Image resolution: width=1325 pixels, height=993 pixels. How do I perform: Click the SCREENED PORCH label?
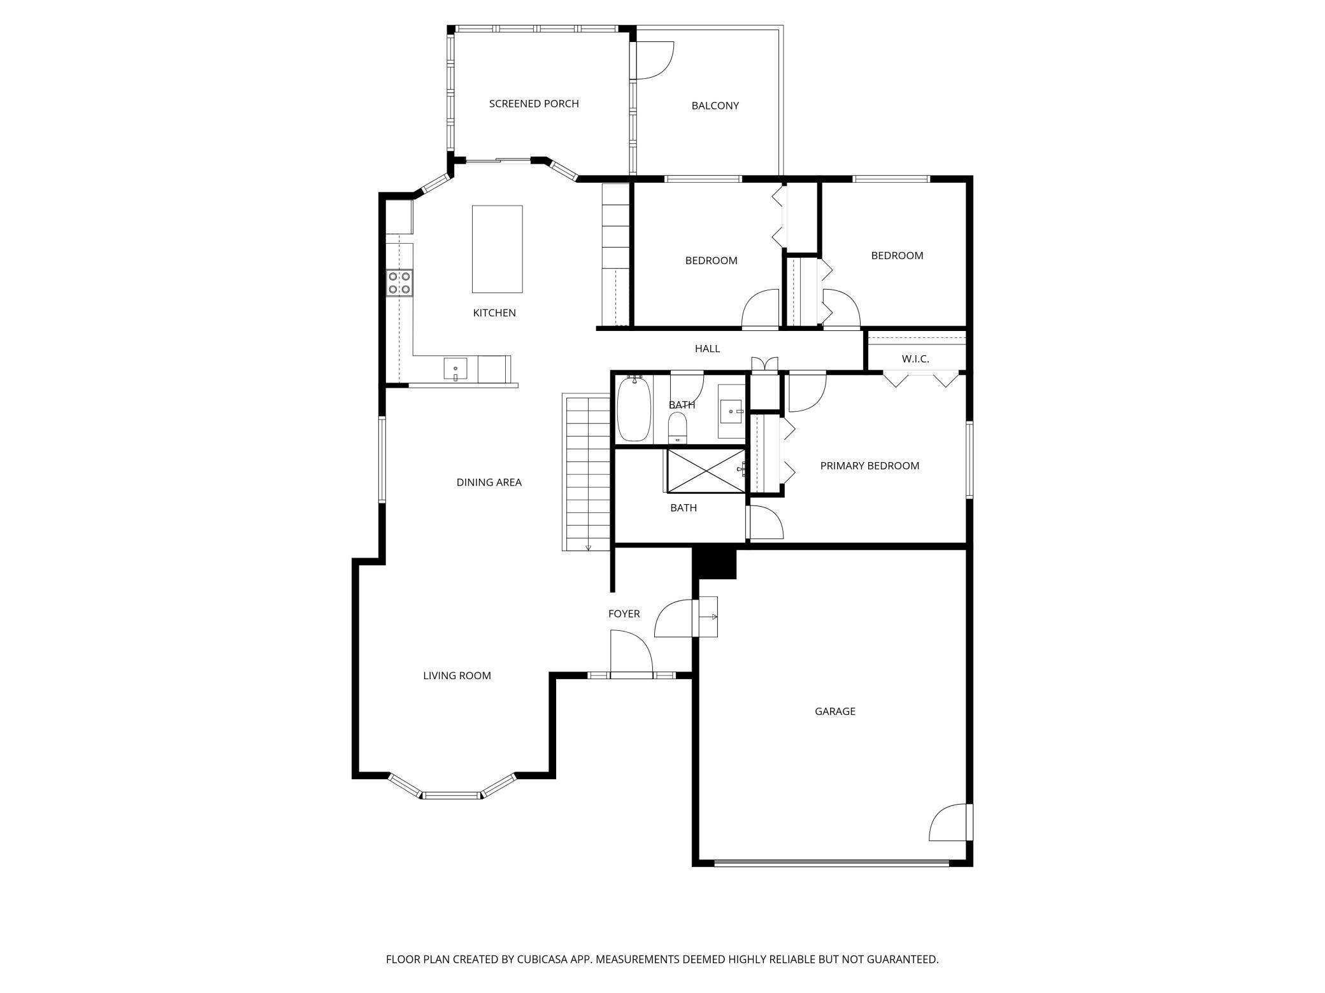point(534,104)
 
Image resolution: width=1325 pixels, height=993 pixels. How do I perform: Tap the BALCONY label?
point(715,106)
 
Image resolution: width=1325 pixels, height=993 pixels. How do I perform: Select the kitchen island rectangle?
point(497,249)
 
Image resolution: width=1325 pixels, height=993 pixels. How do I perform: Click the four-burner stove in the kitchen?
point(399,283)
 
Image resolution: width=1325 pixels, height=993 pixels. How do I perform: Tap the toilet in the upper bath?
point(677,426)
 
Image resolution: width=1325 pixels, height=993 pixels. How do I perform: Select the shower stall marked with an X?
point(705,470)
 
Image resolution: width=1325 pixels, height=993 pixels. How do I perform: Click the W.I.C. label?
point(915,359)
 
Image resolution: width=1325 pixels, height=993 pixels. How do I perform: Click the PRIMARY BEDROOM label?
point(869,466)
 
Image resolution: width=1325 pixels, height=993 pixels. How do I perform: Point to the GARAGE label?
point(834,711)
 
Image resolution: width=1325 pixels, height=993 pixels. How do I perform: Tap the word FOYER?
point(624,614)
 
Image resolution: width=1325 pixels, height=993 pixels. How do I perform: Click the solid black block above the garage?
point(714,564)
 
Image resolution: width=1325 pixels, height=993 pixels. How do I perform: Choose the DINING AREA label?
point(489,482)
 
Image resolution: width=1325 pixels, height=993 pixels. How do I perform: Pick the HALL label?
point(707,349)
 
